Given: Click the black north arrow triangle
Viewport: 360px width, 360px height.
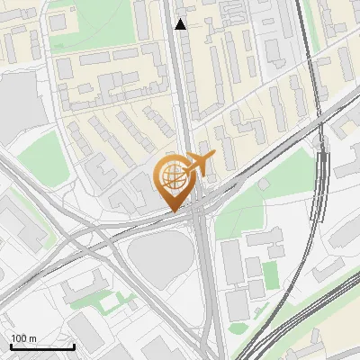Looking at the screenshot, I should (181, 24).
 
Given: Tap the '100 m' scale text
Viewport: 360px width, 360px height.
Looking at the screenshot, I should (23, 337).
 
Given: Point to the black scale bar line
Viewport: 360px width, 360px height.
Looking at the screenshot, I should (42, 346).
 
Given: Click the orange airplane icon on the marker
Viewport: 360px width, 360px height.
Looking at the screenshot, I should (199, 164).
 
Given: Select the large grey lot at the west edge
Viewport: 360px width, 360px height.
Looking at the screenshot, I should (20, 103).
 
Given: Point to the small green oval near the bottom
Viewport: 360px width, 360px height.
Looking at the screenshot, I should (238, 328).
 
